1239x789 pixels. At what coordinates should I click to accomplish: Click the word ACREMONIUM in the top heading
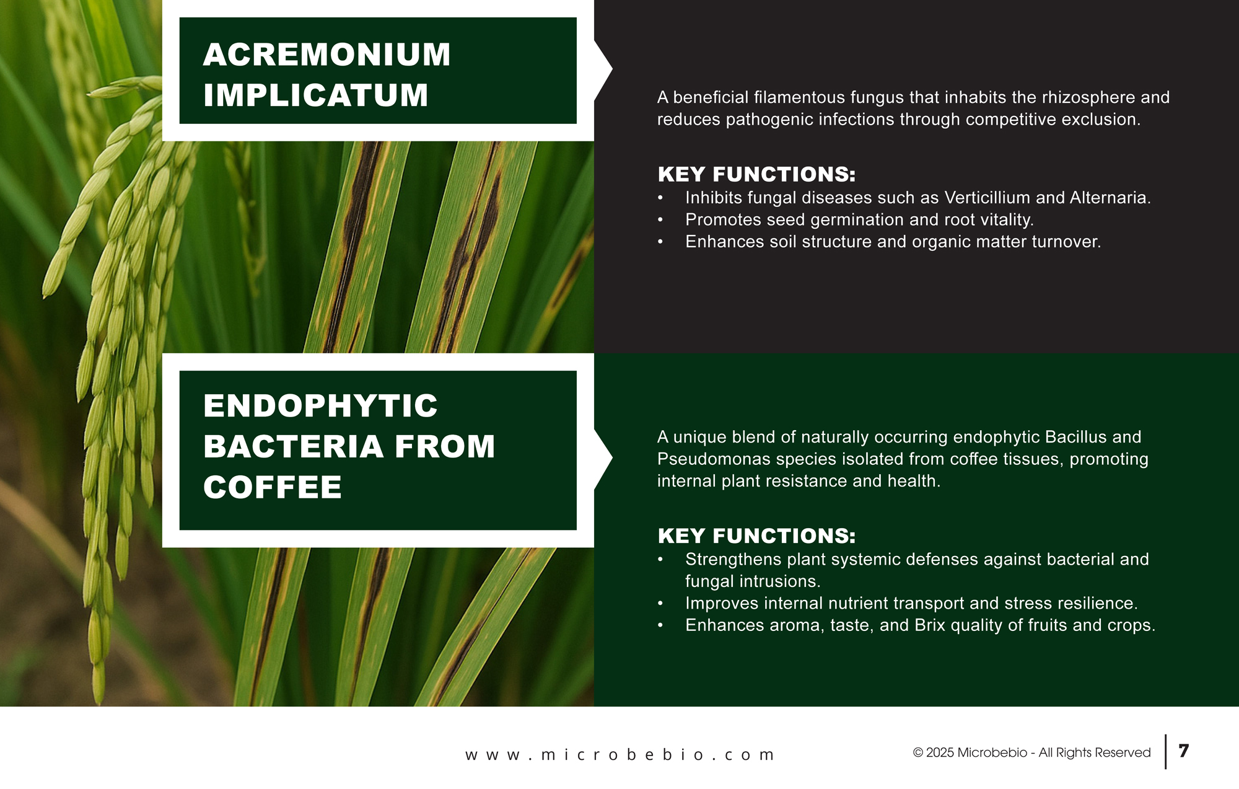point(326,55)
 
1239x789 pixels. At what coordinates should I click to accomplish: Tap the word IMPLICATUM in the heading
point(316,95)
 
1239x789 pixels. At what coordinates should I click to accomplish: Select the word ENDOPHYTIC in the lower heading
point(320,406)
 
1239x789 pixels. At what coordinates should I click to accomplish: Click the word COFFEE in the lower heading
point(273,487)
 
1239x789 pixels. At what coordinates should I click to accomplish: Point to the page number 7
point(1184,751)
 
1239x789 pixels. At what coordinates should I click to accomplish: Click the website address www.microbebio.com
point(620,755)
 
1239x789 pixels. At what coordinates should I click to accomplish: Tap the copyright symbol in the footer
point(918,753)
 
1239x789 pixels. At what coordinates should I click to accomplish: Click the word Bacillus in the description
point(1075,437)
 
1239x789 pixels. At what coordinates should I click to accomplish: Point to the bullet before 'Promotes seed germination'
point(660,220)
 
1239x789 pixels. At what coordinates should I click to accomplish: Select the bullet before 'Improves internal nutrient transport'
point(660,604)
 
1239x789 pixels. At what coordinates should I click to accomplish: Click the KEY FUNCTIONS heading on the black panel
point(756,175)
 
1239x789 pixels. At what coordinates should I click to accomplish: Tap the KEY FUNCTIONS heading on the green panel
point(756,536)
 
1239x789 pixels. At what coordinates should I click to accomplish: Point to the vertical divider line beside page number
point(1166,752)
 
